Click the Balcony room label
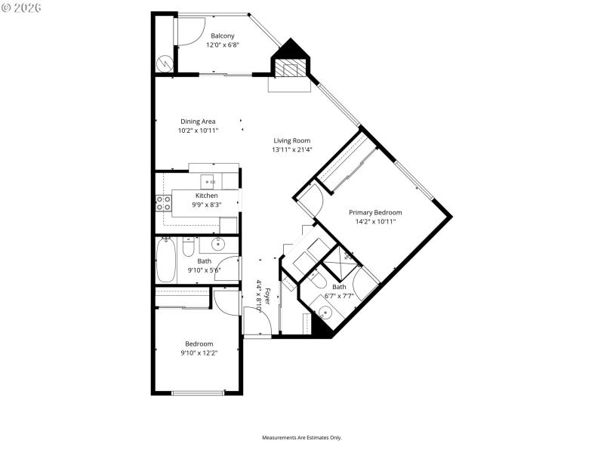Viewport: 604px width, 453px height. (x=222, y=35)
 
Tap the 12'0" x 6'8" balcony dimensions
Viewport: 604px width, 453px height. (x=222, y=45)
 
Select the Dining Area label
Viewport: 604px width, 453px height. (x=198, y=122)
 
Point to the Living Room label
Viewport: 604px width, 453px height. (x=291, y=140)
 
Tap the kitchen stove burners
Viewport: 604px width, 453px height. (x=163, y=202)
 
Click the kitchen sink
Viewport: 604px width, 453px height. (x=208, y=181)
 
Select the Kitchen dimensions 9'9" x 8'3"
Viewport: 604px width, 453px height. (x=186, y=205)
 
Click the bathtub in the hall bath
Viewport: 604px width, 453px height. (x=165, y=260)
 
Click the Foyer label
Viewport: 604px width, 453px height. (x=267, y=290)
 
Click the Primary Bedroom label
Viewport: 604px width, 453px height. (x=375, y=212)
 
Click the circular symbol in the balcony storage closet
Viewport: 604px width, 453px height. (x=165, y=64)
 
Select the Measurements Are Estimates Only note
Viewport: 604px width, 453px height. (x=301, y=438)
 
